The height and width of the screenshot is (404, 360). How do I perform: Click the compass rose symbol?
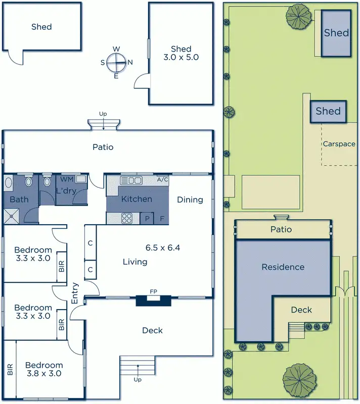116,62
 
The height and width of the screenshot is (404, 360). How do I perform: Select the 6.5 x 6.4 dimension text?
163,248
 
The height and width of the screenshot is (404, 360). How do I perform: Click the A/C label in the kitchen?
162,180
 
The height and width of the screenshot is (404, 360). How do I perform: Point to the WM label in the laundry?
66,179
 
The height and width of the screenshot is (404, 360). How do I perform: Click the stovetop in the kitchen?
127,218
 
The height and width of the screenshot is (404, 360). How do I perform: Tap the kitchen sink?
131,180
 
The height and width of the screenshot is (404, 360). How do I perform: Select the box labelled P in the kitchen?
147,218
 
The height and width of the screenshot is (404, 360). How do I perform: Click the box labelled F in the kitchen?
162,218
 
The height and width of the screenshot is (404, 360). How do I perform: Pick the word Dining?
190,199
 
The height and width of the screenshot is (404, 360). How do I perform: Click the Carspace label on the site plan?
339,144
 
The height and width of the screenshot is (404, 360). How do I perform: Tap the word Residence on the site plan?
283,267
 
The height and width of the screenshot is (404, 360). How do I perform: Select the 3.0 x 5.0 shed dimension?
181,57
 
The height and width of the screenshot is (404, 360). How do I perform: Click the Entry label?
75,293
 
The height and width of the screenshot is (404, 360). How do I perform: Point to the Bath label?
19,199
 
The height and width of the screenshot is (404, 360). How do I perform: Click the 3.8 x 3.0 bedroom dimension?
44,374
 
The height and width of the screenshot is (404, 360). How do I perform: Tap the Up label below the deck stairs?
137,380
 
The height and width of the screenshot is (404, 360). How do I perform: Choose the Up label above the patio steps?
103,114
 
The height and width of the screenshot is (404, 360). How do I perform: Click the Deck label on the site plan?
301,310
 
